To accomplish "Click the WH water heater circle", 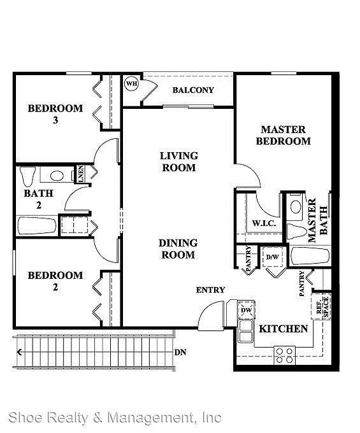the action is (131, 83).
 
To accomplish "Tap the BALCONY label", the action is (193, 90).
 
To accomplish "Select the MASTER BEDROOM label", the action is (283, 135).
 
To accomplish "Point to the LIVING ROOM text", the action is (179, 162).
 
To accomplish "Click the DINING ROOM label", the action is (178, 249).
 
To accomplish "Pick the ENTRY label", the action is (210, 290).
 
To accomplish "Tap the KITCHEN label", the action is (283, 329).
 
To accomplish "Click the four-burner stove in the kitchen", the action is (285, 355).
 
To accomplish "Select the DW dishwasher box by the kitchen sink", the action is (246, 310).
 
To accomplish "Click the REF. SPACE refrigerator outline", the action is (321, 306).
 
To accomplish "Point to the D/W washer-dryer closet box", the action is (273, 257).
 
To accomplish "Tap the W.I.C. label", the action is (264, 223).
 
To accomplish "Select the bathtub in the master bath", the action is (310, 256).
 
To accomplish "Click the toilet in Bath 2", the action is (27, 176).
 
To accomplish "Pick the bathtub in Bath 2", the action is (37, 226).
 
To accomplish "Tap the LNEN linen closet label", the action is (81, 174).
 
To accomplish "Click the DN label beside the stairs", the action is (180, 353).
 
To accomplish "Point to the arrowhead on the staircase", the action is (19, 352).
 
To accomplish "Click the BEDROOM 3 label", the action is (55, 114).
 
